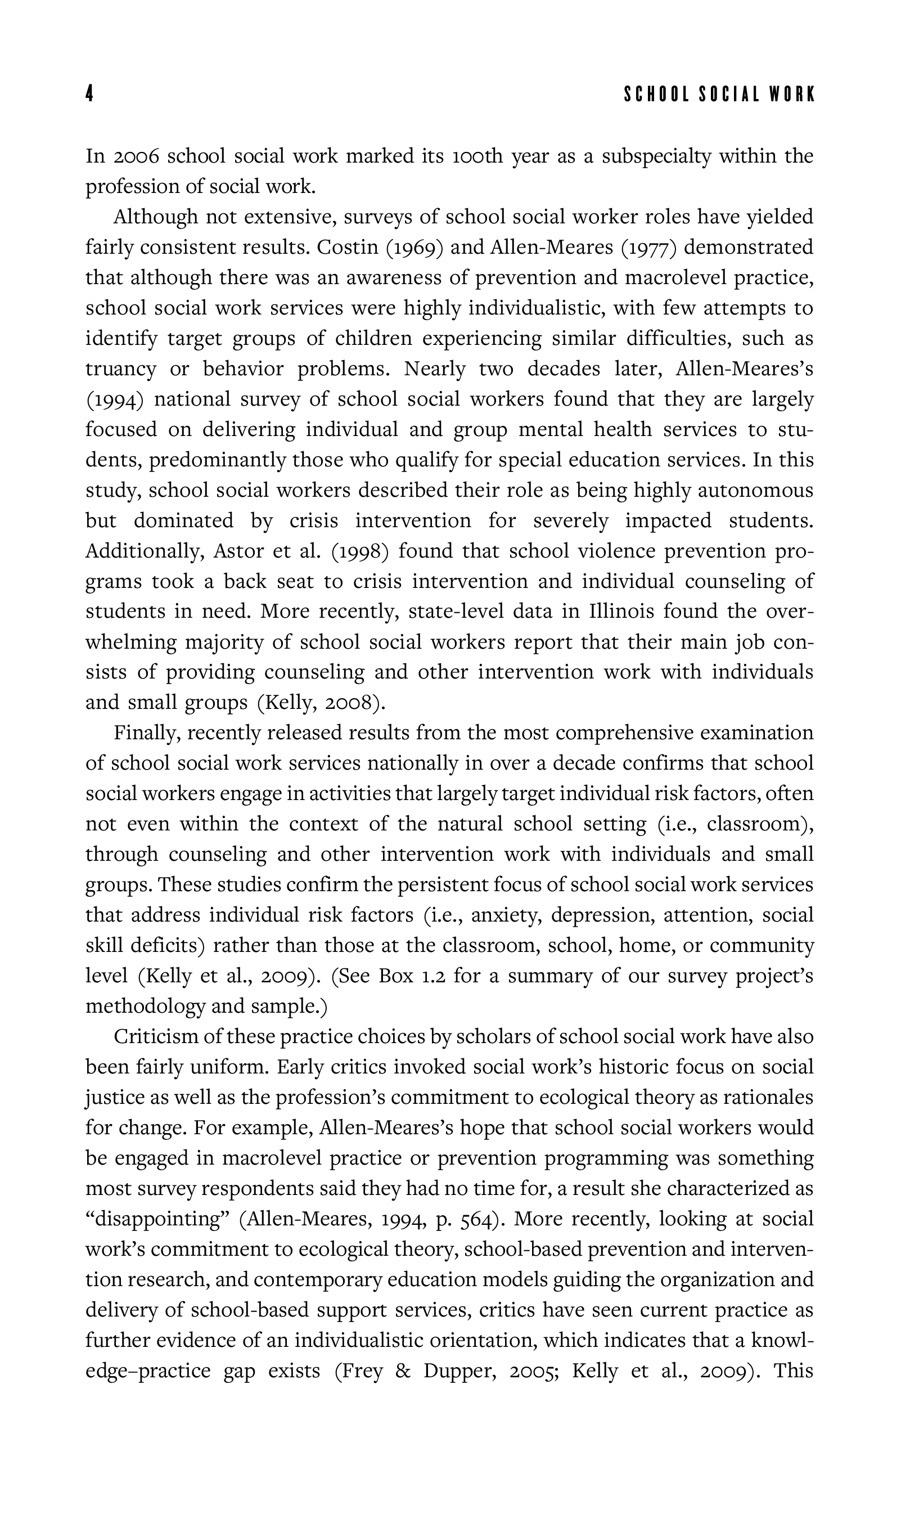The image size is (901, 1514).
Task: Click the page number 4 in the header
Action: point(89,94)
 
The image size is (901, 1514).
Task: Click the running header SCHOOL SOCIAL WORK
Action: point(719,95)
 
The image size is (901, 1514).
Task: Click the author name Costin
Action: point(347,248)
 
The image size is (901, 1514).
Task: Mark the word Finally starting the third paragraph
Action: point(147,733)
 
